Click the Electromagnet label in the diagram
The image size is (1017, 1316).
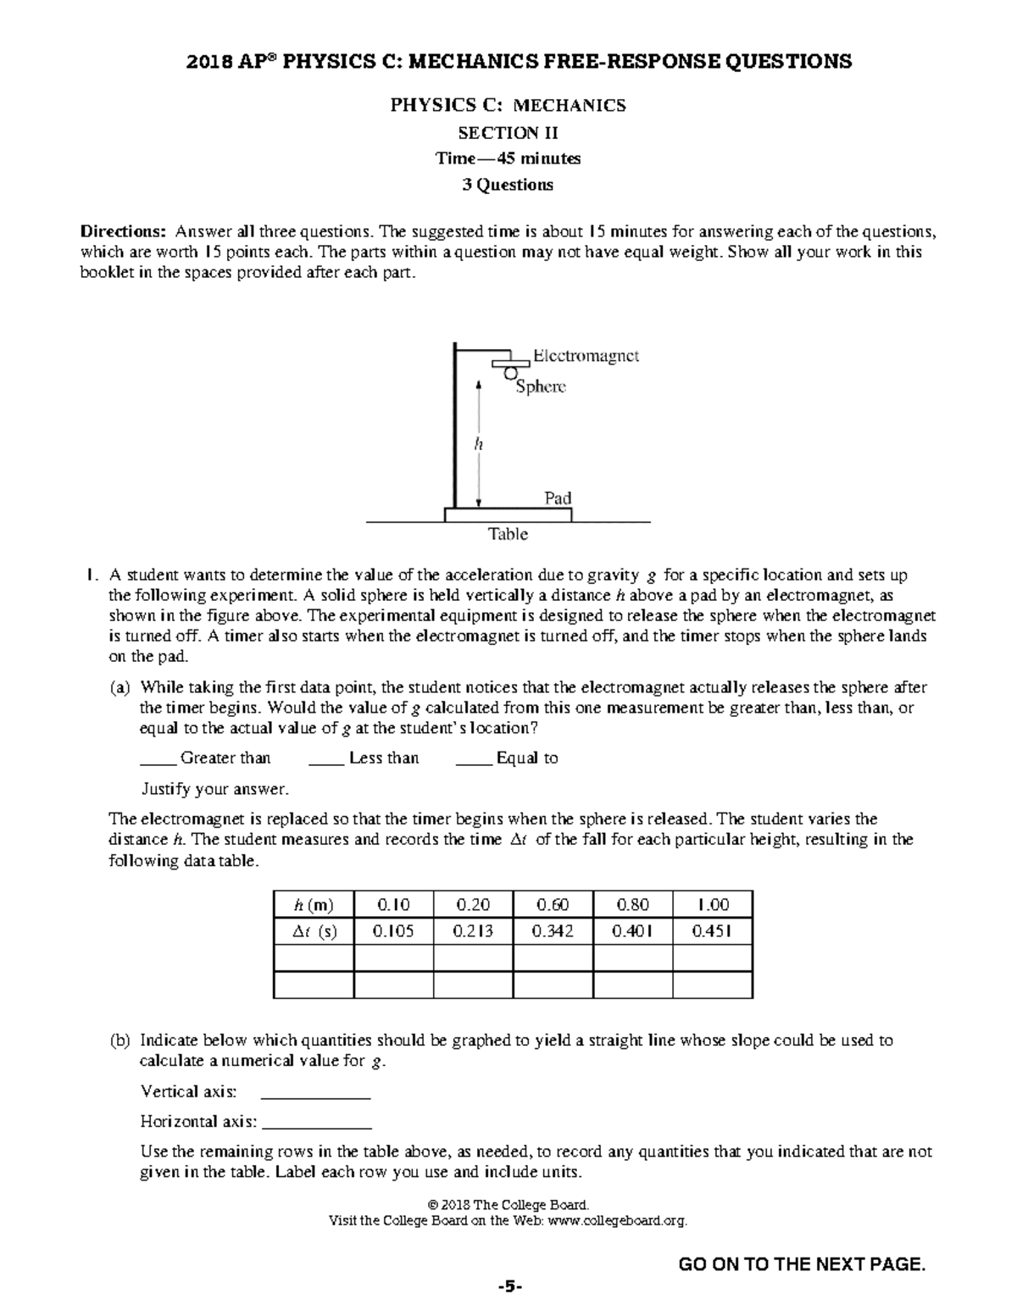coord(586,356)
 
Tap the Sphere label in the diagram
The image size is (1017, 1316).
coord(541,386)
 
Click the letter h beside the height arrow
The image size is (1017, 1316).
coord(478,443)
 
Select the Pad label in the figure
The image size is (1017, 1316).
coord(558,497)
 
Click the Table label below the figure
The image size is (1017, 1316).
coord(508,534)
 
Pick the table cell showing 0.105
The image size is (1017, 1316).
coord(393,931)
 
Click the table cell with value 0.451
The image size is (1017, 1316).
coord(712,931)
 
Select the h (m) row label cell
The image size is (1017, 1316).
coord(314,904)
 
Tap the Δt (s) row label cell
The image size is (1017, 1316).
coord(314,931)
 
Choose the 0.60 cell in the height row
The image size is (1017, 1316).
coord(553,904)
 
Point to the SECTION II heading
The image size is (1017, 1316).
coord(508,132)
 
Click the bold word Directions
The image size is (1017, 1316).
coord(123,231)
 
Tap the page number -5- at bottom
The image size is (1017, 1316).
coord(508,1287)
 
